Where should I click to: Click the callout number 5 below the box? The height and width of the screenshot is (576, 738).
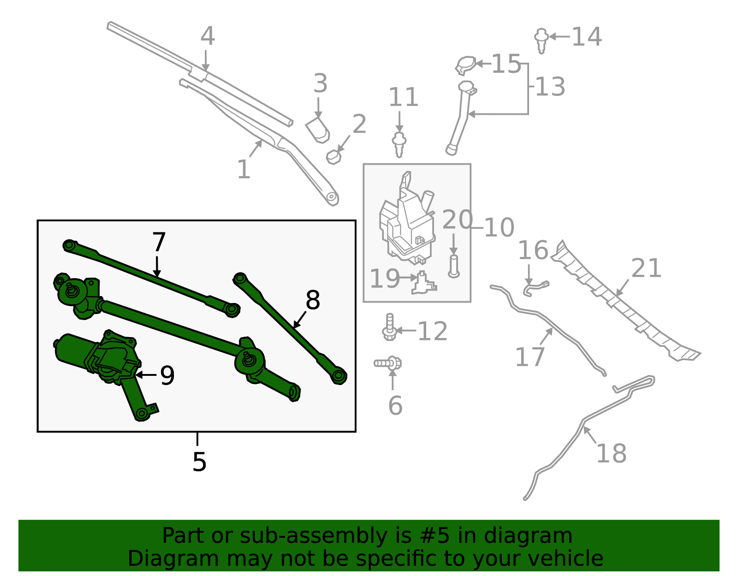click(199, 462)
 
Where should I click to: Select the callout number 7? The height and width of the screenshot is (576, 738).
click(159, 243)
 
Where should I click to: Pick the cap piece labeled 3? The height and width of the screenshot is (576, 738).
click(318, 130)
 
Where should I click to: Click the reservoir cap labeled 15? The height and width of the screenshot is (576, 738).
click(466, 64)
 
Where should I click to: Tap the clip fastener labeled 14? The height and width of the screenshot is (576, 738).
click(542, 39)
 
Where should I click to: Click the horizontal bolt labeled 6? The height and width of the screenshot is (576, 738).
click(388, 363)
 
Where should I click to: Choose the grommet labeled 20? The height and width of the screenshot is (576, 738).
click(454, 267)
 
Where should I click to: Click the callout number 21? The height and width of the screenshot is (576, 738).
click(646, 268)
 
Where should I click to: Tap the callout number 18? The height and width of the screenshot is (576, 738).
click(611, 453)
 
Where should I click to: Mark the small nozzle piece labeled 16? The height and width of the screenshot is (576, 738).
click(535, 288)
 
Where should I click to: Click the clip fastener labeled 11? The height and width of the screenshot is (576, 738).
click(399, 144)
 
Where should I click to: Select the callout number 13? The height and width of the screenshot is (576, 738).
click(550, 87)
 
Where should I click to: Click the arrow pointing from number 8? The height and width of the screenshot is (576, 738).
click(300, 319)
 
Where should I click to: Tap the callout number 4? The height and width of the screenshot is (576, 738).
click(208, 36)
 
